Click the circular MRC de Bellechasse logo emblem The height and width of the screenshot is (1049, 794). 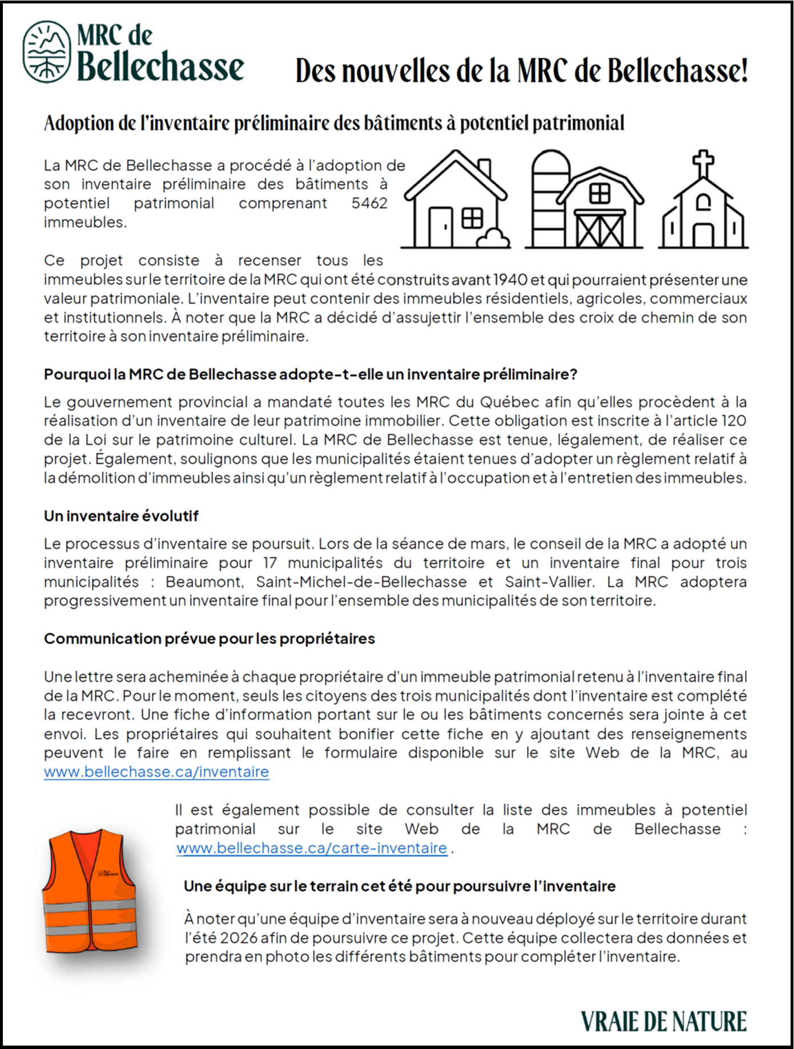pyautogui.click(x=47, y=51)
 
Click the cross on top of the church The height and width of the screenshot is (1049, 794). pyautogui.click(x=703, y=163)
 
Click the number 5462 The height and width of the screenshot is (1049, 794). pyautogui.click(x=369, y=203)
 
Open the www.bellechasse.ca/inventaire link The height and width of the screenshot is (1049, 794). pyautogui.click(x=156, y=772)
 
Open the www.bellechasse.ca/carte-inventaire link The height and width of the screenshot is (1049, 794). pyautogui.click(x=312, y=848)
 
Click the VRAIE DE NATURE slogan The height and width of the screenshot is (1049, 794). pyautogui.click(x=664, y=1021)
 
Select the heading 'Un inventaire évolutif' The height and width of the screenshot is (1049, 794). pyautogui.click(x=121, y=516)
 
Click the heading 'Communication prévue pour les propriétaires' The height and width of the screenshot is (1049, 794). pyautogui.click(x=209, y=639)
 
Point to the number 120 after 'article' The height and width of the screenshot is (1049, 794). pyautogui.click(x=733, y=421)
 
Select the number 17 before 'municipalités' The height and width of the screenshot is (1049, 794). pyautogui.click(x=270, y=563)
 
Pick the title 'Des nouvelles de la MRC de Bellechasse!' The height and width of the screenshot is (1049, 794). pyautogui.click(x=521, y=71)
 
